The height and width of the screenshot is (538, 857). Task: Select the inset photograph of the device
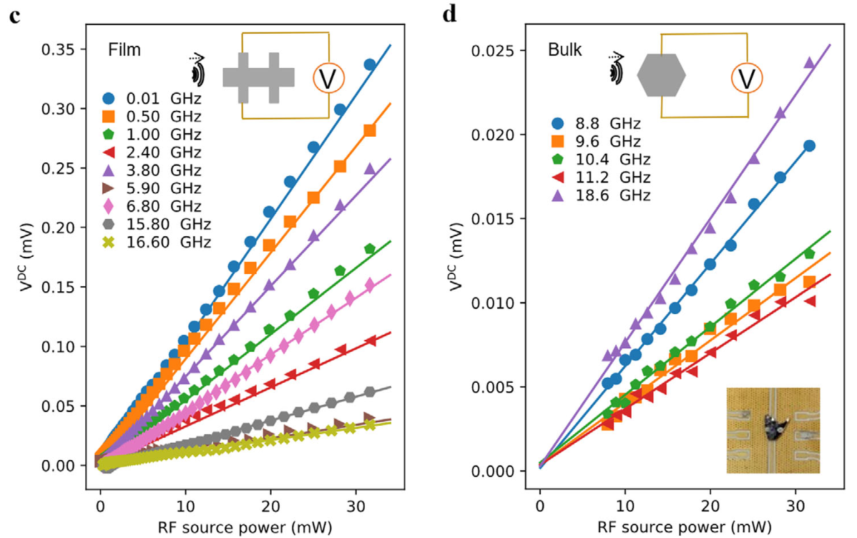773,429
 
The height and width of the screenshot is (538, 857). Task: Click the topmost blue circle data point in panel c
370,65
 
